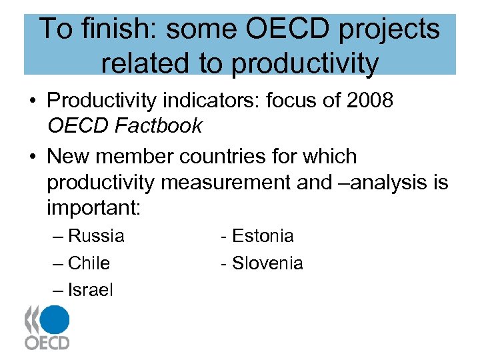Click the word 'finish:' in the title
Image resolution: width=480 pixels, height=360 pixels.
coord(122,29)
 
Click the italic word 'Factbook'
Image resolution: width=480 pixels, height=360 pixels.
coord(160,125)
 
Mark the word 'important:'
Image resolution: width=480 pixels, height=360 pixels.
coord(93,207)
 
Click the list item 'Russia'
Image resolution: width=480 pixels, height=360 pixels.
coord(96,236)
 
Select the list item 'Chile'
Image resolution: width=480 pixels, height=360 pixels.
coord(89,263)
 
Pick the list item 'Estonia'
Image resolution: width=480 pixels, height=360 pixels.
coord(263,236)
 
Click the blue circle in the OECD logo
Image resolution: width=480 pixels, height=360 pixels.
coord(55,319)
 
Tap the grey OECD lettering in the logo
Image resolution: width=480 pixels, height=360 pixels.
coord(47,343)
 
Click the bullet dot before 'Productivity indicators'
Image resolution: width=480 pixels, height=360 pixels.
coord(32,101)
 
